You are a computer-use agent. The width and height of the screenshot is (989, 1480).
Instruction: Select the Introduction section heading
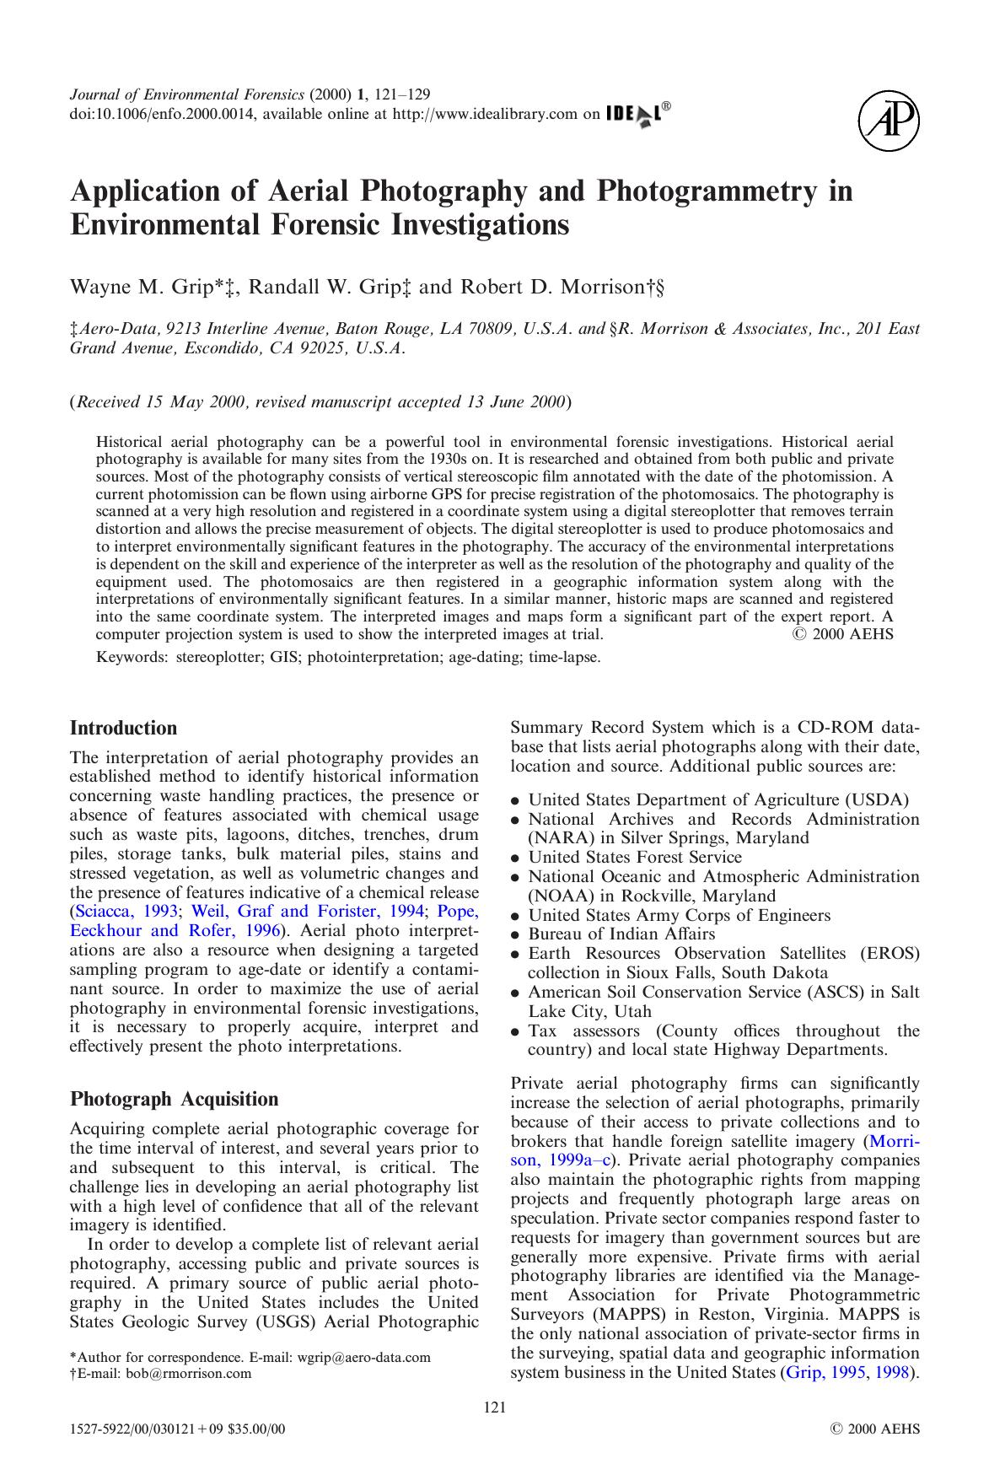coord(123,729)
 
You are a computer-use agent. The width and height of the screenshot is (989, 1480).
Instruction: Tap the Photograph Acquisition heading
coord(174,1100)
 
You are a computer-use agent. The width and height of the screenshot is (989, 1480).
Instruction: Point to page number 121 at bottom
coord(494,1407)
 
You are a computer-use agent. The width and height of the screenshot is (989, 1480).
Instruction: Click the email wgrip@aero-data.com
coord(363,1358)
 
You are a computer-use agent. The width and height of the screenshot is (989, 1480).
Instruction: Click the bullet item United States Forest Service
coord(634,858)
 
